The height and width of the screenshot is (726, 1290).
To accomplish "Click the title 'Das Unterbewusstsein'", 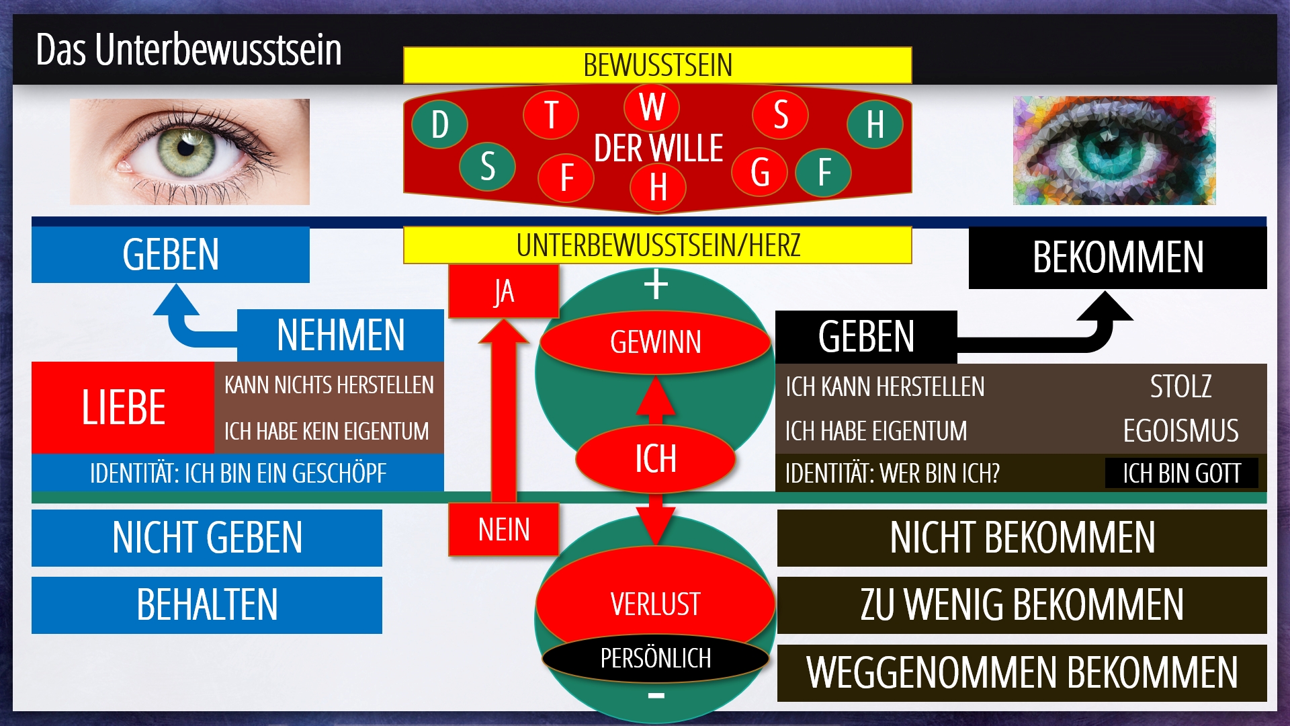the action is tap(189, 50).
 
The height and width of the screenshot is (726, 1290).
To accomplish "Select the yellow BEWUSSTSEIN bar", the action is tap(657, 65).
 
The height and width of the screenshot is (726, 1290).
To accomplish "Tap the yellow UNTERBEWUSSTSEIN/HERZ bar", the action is tap(657, 245).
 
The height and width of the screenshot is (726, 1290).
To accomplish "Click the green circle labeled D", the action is tap(439, 124).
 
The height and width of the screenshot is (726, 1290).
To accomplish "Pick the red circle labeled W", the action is tap(652, 107).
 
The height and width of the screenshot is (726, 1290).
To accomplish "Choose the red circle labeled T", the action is tap(551, 114).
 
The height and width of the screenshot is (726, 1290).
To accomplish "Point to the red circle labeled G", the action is tap(760, 172).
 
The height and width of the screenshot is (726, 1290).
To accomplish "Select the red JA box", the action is tap(503, 291).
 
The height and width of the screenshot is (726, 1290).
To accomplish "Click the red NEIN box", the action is tap(503, 529).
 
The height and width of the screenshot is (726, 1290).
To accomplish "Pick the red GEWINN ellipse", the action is tap(656, 342).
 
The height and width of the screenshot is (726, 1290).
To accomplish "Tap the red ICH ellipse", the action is tap(656, 458).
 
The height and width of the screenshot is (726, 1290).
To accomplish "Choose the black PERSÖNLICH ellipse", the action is tap(656, 658).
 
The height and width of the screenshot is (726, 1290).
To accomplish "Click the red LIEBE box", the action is tap(123, 407).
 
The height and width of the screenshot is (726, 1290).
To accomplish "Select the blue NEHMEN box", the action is tap(340, 335).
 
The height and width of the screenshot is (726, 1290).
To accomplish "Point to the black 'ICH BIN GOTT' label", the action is tap(1181, 473).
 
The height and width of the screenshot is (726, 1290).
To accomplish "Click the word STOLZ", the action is tap(1181, 387).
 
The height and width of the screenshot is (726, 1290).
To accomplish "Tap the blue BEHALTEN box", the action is tap(207, 605).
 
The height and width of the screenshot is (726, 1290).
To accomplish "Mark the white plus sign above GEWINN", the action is tap(656, 284).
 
